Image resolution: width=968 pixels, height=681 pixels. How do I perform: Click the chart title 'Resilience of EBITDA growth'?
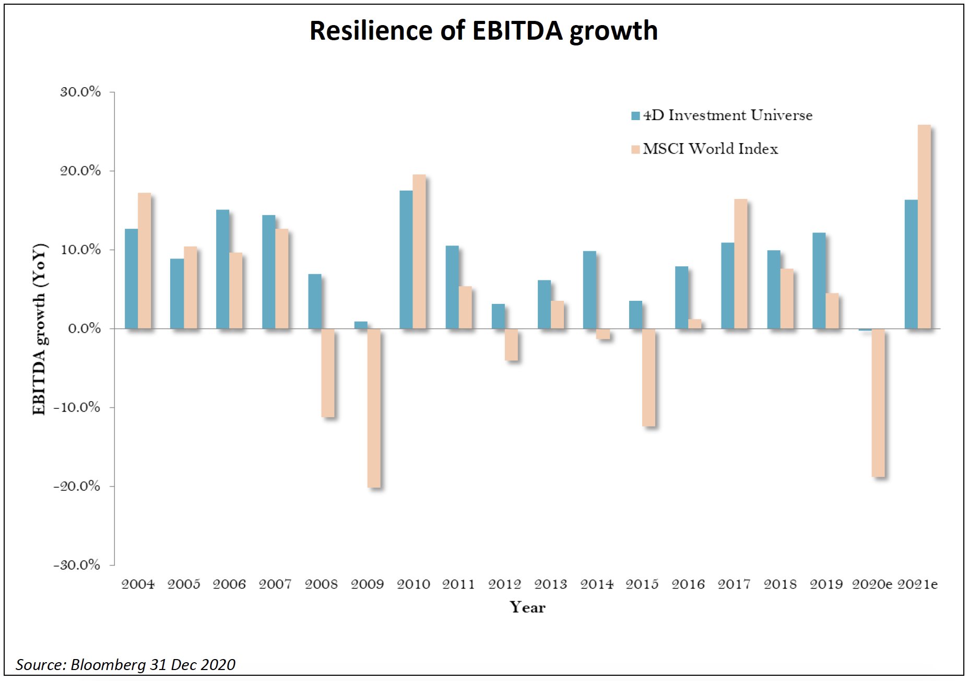(x=483, y=30)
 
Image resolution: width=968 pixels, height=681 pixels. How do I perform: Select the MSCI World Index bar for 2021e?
(x=924, y=227)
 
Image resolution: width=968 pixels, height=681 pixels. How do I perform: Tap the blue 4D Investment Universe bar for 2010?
(x=406, y=260)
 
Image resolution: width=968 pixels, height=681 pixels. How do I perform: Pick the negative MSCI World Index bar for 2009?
(x=374, y=408)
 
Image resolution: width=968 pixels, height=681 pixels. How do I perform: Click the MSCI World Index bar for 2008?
(x=328, y=373)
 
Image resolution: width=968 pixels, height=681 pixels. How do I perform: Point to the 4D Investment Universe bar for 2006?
(x=222, y=269)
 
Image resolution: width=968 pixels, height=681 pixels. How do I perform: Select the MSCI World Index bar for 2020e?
(x=878, y=403)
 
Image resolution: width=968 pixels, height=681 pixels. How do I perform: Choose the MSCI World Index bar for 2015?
(x=648, y=378)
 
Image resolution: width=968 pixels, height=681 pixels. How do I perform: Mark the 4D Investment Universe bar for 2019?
(x=819, y=280)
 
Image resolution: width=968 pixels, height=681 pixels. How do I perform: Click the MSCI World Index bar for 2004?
(x=145, y=261)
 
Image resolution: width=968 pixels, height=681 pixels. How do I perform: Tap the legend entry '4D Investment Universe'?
(x=727, y=115)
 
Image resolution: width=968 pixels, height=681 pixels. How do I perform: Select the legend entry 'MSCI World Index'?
(x=710, y=149)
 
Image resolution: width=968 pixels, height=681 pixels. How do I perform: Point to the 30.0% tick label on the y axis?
(x=80, y=92)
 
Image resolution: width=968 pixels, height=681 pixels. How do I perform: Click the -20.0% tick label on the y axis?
(x=77, y=486)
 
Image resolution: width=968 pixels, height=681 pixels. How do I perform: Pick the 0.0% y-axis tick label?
(x=84, y=328)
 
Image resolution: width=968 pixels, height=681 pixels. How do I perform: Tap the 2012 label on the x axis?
(x=504, y=584)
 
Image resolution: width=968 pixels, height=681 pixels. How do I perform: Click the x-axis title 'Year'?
(x=527, y=607)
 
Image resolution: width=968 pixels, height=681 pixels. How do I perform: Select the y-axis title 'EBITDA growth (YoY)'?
(x=40, y=329)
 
